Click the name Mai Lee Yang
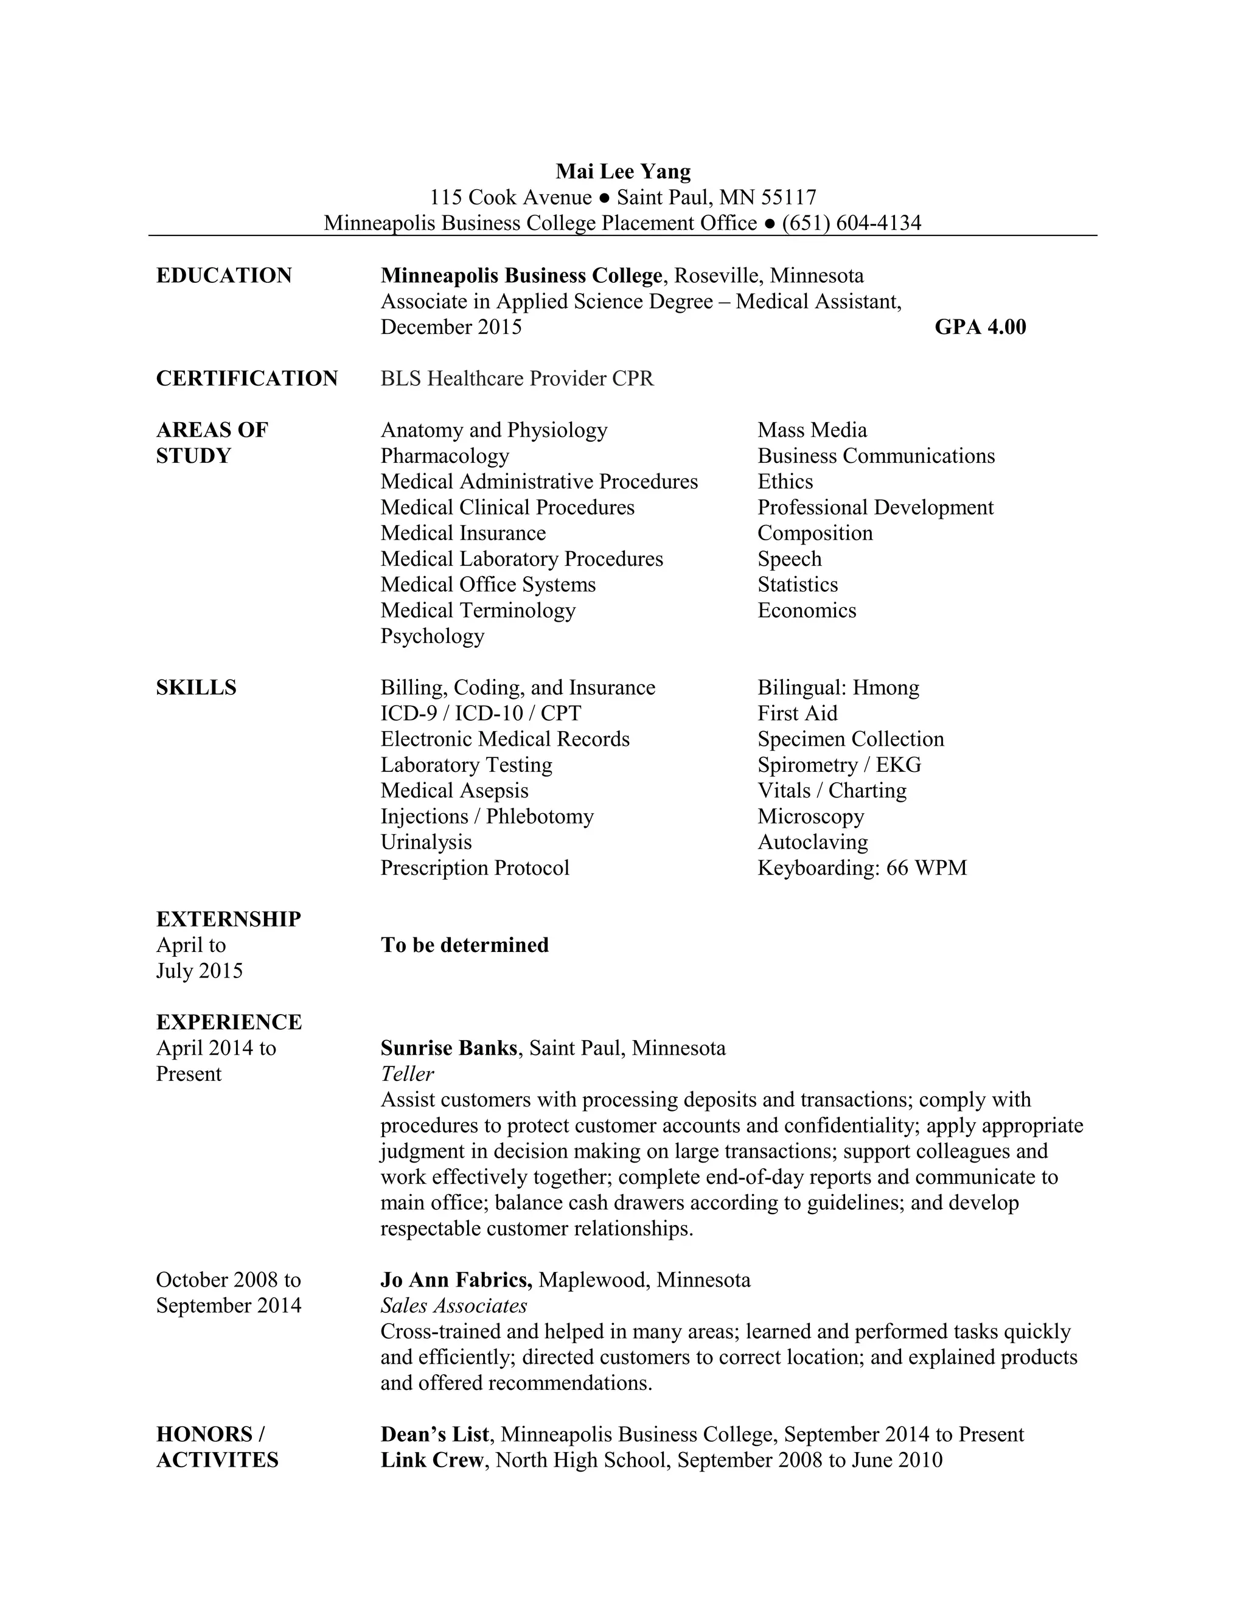tap(623, 172)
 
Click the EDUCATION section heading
tap(224, 276)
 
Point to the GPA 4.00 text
tap(980, 327)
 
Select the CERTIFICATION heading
tap(246, 378)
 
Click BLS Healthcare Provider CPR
tap(517, 378)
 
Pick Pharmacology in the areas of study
tap(444, 456)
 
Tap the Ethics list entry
tap(785, 482)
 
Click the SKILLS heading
tap(197, 688)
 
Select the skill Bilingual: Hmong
tap(838, 688)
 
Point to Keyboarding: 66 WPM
tap(861, 868)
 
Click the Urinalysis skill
tap(426, 842)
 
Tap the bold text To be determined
tap(464, 945)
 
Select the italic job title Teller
tap(407, 1074)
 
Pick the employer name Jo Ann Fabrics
tap(456, 1280)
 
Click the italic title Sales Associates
tap(453, 1305)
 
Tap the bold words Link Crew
tap(432, 1460)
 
